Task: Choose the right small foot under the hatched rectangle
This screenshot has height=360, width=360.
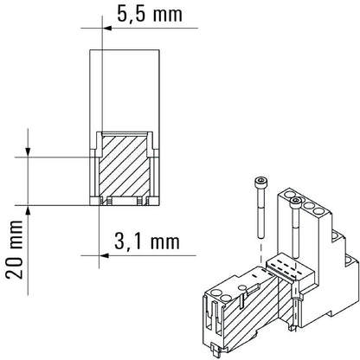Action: pyautogui.click(x=141, y=202)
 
